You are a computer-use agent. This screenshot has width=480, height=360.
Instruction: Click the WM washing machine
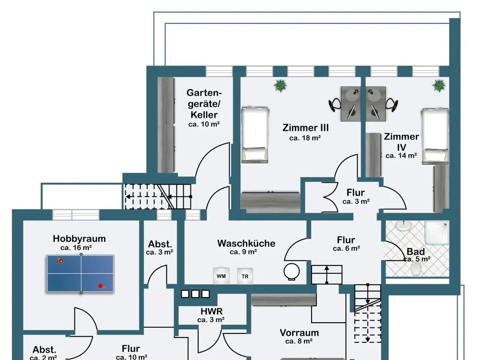point(221,276)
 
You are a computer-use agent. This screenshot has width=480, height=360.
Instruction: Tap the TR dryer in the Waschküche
point(245,276)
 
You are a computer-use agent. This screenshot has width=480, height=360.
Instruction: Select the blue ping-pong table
point(80,274)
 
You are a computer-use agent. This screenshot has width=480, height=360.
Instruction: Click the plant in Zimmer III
point(280,85)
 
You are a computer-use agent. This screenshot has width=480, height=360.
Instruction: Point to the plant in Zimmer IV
point(439,85)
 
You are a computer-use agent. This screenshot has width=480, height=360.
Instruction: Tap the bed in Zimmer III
point(255,134)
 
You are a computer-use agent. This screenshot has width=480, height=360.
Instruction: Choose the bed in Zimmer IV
point(435,136)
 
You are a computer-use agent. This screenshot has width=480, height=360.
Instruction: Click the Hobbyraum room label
point(79,238)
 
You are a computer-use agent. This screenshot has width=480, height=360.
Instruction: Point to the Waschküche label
point(246,243)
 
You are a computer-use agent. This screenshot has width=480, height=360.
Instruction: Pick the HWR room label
point(211,311)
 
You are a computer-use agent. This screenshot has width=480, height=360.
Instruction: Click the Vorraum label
point(299,333)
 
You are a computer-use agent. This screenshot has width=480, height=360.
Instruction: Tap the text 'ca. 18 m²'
point(305,138)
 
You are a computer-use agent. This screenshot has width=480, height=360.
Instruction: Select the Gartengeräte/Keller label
point(204,103)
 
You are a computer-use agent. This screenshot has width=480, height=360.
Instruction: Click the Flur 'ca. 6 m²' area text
point(346,248)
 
